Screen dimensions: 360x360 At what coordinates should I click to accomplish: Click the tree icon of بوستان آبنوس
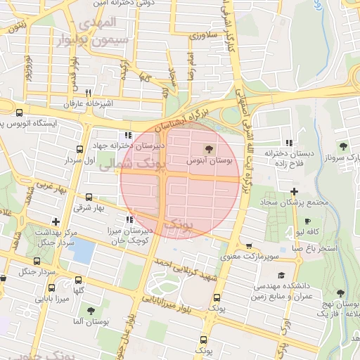click(208, 148)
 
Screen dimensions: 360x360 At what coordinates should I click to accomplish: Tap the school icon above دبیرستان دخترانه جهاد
click(127, 136)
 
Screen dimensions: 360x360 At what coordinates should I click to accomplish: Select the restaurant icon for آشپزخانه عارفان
click(88, 93)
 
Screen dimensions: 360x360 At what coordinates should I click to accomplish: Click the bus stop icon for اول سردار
click(79, 149)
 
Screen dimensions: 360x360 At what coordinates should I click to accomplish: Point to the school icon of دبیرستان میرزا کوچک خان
click(127, 219)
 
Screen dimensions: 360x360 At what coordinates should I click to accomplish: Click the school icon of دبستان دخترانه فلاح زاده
click(288, 142)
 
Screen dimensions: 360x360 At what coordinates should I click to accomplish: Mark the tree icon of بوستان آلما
click(91, 310)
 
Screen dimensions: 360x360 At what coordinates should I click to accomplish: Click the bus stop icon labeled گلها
click(78, 279)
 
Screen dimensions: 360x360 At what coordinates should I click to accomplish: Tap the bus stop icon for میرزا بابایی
click(51, 288)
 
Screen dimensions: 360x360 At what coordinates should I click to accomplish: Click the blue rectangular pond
click(82, 251)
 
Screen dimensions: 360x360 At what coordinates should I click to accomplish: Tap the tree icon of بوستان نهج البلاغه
click(342, 292)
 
